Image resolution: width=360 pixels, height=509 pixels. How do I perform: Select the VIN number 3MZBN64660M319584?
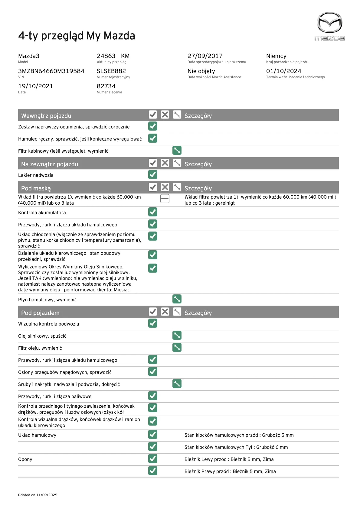point(51,71)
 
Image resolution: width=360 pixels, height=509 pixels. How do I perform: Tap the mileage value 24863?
point(106,56)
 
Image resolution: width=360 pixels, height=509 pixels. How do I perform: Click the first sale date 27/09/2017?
point(205,56)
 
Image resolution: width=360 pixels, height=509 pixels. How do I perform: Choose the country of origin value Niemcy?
point(276,56)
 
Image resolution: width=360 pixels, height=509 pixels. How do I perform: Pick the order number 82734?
point(106,86)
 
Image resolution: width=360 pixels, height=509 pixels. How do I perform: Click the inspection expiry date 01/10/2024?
point(283,71)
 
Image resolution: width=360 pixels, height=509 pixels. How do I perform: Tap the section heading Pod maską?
point(36,188)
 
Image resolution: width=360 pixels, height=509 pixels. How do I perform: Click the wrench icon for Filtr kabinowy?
point(177,150)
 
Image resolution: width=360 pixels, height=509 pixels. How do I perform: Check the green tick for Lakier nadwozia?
point(153,174)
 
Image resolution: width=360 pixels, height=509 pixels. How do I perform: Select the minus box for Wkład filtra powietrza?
point(165,199)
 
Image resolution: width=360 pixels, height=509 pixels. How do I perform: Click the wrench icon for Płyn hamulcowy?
point(177,299)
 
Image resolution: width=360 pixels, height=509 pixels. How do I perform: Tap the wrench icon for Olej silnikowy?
point(177,335)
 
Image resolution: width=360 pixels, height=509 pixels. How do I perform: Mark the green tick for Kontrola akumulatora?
point(153,212)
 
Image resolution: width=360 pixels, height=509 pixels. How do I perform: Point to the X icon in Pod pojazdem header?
point(165,312)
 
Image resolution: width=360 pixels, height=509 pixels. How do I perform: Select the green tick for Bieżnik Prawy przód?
point(153,471)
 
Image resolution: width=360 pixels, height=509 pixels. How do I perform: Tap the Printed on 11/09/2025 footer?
point(38,495)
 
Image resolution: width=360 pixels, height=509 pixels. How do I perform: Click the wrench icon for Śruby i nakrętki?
point(177,384)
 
